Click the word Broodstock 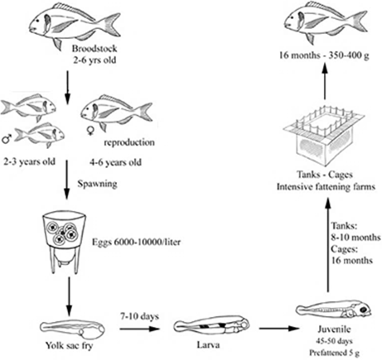[x=94, y=49]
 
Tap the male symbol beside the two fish [x=6, y=139]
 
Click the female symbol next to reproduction [x=90, y=131]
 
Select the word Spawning [x=97, y=184]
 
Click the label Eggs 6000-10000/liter [x=136, y=242]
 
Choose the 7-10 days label [x=139, y=316]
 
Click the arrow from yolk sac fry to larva [x=140, y=329]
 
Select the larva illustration [x=211, y=326]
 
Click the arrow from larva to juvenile [x=279, y=329]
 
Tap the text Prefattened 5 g [x=334, y=353]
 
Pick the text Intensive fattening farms [x=326, y=187]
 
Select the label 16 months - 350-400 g [x=324, y=55]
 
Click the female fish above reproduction [x=117, y=112]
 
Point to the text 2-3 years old [x=29, y=161]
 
